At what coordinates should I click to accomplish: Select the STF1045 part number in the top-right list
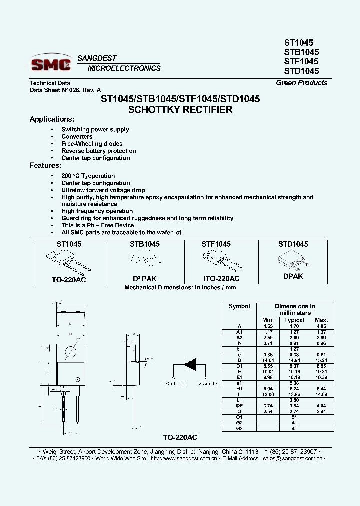(x=301, y=61)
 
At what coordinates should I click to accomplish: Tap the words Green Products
(x=302, y=83)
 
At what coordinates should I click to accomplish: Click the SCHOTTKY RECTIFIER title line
(x=180, y=110)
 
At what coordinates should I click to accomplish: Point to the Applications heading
(x=52, y=119)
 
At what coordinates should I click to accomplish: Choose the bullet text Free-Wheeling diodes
(x=92, y=144)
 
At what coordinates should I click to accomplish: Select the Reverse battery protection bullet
(x=99, y=151)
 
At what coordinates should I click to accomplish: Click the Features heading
(x=45, y=165)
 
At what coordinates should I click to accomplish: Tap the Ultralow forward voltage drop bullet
(x=103, y=190)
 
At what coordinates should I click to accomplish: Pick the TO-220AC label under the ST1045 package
(x=69, y=280)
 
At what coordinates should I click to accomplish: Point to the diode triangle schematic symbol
(x=191, y=364)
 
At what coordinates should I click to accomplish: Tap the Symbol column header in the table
(x=239, y=306)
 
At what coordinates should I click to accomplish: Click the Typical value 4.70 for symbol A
(x=294, y=326)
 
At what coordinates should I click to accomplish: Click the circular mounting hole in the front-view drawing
(x=70, y=352)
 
